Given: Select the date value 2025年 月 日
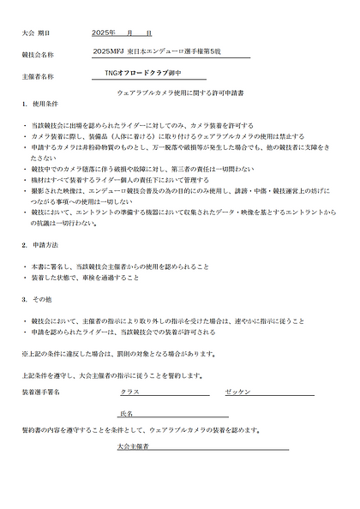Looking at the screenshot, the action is click(121, 33).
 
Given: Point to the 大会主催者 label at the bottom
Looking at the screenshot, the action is click(135, 446).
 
